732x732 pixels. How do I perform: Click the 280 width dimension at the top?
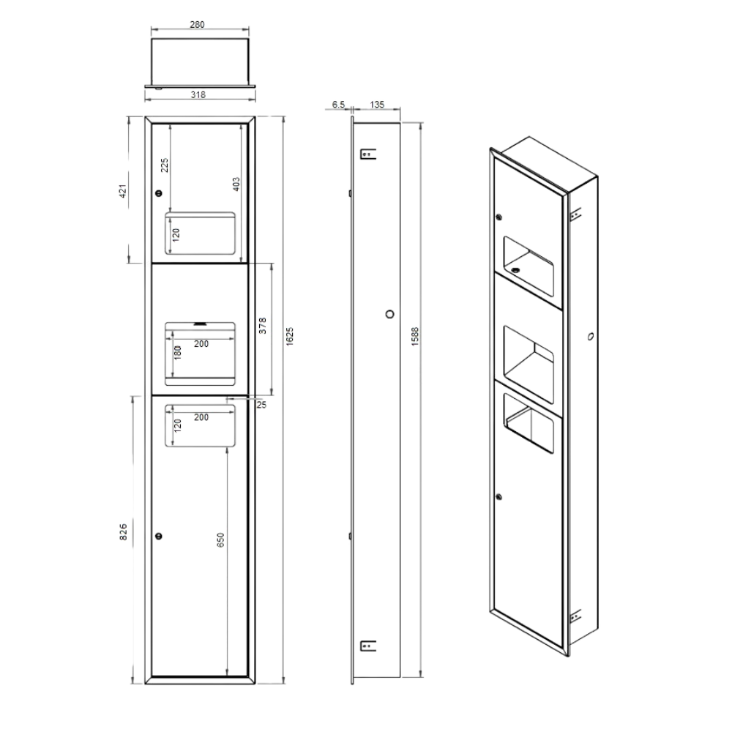click(x=197, y=24)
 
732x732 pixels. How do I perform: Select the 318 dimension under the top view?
click(x=198, y=94)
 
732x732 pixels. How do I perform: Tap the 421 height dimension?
click(x=123, y=191)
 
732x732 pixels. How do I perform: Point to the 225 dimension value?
click(x=165, y=165)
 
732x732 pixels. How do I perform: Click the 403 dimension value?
click(x=236, y=184)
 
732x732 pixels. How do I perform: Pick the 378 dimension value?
click(x=262, y=326)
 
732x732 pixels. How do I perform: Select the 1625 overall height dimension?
click(x=289, y=337)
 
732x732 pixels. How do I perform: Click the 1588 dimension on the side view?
click(x=415, y=337)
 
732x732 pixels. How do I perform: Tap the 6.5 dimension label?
click(x=338, y=105)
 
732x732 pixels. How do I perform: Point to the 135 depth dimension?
click(x=377, y=105)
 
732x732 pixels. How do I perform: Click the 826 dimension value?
click(x=123, y=532)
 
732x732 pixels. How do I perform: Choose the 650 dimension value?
click(x=221, y=539)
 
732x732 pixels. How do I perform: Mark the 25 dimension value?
click(x=261, y=405)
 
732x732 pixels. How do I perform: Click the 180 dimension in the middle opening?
click(x=177, y=353)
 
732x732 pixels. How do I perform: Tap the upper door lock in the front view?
click(x=159, y=193)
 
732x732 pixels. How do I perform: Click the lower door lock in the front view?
click(x=159, y=536)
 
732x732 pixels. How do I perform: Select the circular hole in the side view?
click(x=390, y=314)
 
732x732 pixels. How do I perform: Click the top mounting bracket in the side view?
click(x=368, y=154)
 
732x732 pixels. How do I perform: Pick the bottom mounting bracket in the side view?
click(x=368, y=646)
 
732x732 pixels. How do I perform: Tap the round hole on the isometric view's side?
click(x=590, y=336)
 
